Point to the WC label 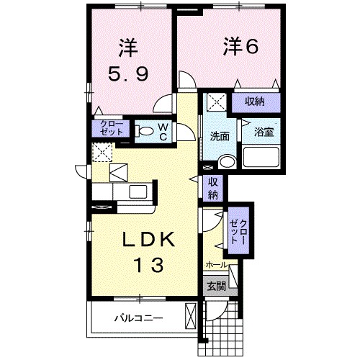[x=163, y=131]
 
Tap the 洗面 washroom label [x=220, y=135]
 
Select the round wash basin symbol [x=227, y=161]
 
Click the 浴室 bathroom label [x=261, y=132]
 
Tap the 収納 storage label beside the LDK [x=214, y=189]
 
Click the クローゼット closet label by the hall [x=238, y=232]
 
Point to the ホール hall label [x=216, y=265]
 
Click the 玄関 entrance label [x=216, y=286]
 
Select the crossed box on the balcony [x=191, y=316]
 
